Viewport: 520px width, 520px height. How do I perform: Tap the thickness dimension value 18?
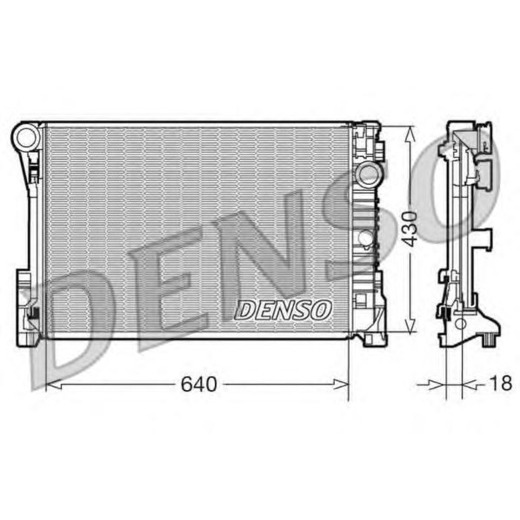(x=501, y=384)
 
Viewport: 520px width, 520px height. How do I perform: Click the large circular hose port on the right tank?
(x=367, y=175)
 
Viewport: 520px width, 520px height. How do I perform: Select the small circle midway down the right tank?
(x=365, y=237)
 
